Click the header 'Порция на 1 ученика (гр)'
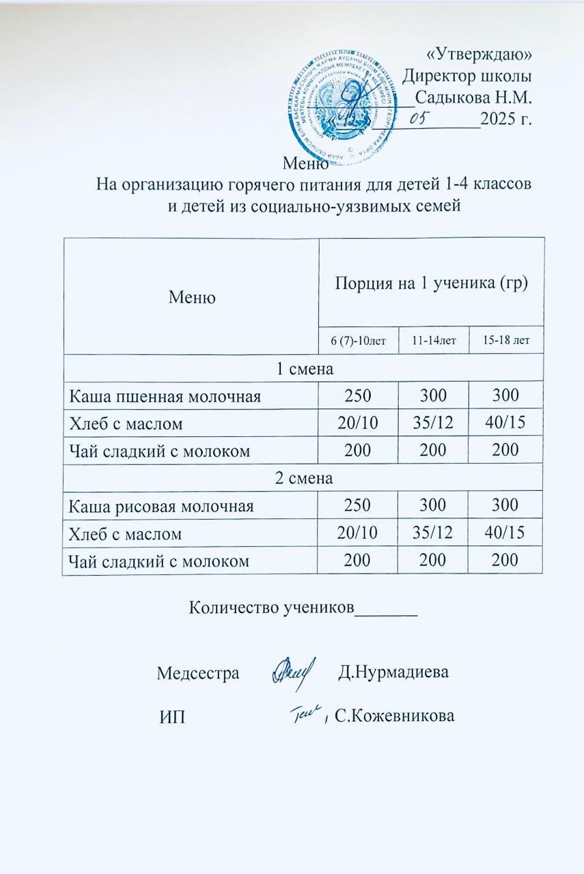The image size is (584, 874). (431, 283)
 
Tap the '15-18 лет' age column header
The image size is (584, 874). (506, 340)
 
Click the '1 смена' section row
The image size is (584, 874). (303, 369)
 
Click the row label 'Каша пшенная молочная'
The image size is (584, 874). (163, 396)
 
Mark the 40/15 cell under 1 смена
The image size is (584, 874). (506, 423)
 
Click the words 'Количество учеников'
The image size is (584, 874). (272, 606)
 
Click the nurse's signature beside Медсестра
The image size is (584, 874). (294, 671)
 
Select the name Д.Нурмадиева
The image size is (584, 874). (394, 672)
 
